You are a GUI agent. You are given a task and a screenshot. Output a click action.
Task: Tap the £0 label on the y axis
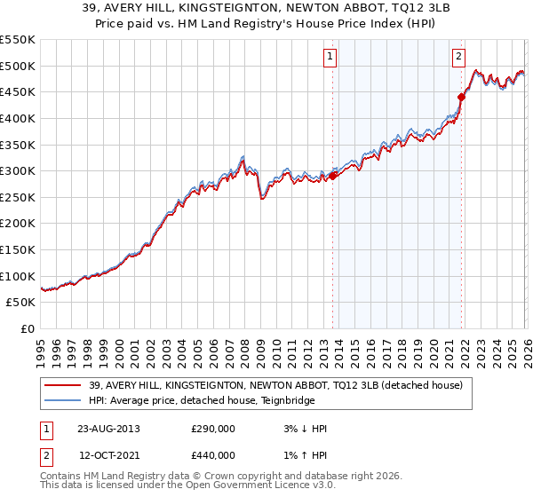point(26,329)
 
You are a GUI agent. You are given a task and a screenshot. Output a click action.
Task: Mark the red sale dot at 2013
point(333,176)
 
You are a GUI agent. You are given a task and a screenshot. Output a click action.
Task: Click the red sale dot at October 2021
point(461,97)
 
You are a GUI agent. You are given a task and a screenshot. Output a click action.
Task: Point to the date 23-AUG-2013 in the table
point(108,428)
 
